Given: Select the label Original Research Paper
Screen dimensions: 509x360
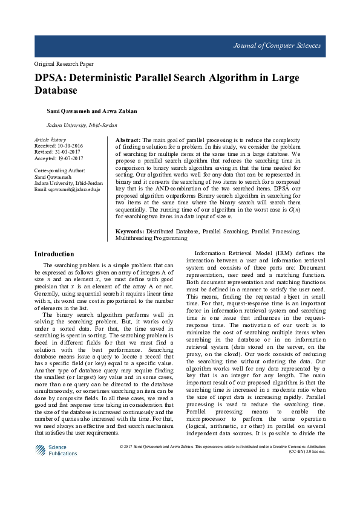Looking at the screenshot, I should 64,64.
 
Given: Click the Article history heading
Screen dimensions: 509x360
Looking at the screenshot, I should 50,140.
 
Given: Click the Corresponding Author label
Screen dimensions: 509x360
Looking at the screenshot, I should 59,171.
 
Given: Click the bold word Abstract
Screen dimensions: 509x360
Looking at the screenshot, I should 128,140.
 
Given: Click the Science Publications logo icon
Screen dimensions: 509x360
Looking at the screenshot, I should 40,450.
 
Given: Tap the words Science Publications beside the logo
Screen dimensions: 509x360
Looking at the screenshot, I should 62,450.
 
